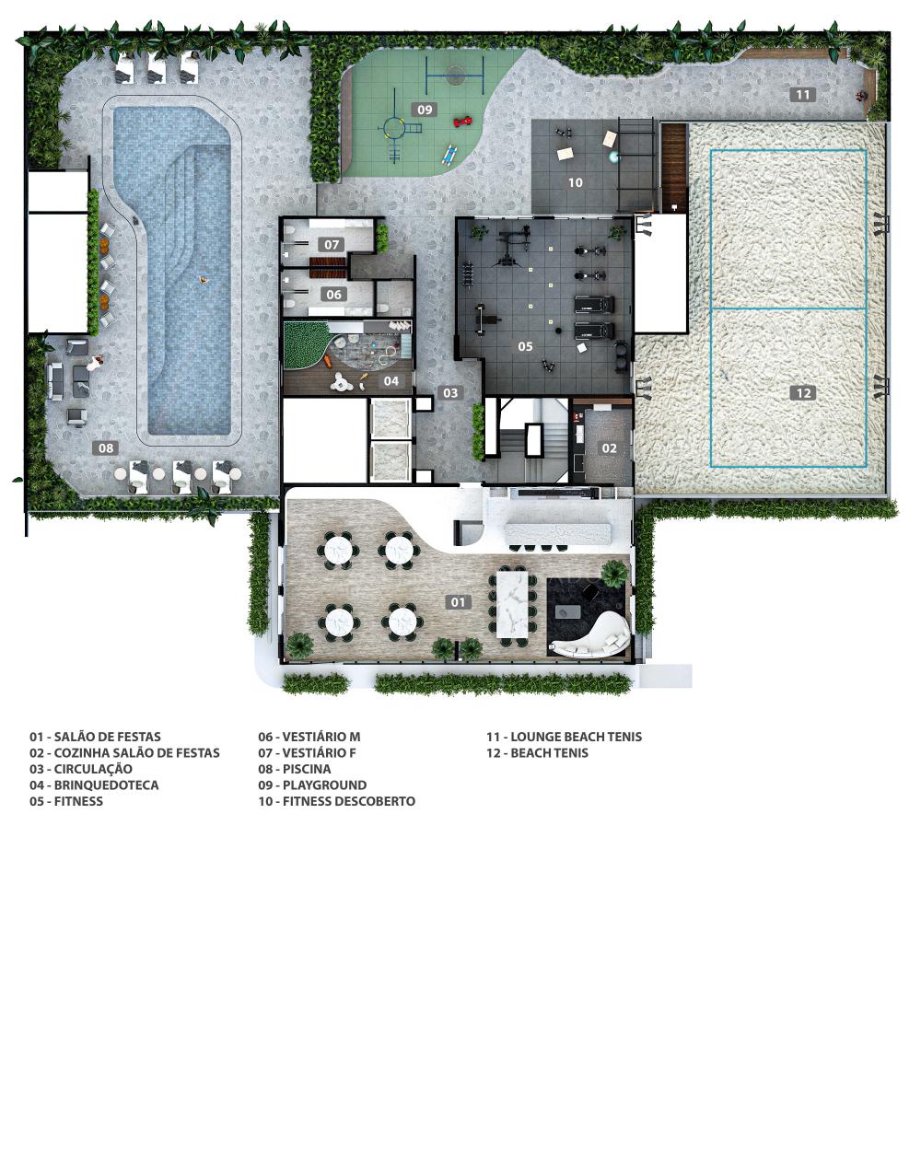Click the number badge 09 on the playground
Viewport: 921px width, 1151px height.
(x=425, y=110)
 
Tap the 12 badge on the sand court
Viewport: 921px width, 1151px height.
(x=803, y=393)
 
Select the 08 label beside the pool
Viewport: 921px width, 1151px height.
(x=105, y=448)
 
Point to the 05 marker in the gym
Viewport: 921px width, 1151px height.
(x=525, y=346)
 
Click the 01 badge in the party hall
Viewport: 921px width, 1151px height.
(x=458, y=602)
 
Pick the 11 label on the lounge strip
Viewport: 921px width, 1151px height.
(x=803, y=95)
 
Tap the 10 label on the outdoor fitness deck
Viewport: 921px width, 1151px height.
(x=576, y=183)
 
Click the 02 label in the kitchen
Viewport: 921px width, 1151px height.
(x=609, y=448)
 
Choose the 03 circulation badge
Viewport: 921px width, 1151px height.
(x=450, y=393)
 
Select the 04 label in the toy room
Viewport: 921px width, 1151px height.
(x=391, y=381)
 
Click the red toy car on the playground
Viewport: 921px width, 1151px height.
(x=463, y=122)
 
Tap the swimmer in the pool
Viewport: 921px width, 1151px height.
(x=203, y=280)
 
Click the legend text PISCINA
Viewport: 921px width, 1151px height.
(x=307, y=769)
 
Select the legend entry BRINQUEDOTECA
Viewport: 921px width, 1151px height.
(x=107, y=785)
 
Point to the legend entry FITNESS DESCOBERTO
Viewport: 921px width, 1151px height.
(x=349, y=801)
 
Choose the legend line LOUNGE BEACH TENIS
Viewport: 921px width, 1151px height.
(x=577, y=737)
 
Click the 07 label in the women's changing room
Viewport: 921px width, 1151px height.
(x=332, y=244)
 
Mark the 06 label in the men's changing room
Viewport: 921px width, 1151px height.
(x=333, y=294)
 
